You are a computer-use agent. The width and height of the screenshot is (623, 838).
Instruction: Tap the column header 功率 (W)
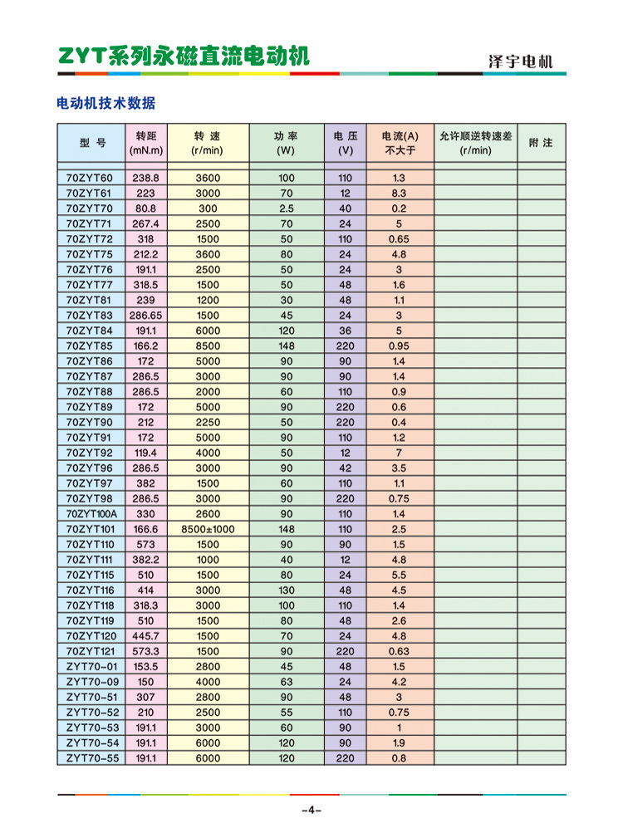click(x=286, y=143)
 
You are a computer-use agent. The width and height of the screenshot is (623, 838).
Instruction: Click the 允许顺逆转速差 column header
click(x=476, y=143)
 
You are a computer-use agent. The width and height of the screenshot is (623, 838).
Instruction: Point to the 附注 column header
click(x=540, y=143)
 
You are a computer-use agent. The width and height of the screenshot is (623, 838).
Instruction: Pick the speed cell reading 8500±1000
click(x=208, y=529)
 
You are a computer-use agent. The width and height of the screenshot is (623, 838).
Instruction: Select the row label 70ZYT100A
click(x=91, y=514)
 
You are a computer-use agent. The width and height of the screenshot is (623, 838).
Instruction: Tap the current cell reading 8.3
click(x=399, y=193)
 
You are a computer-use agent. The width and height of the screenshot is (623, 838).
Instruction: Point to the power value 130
click(x=286, y=590)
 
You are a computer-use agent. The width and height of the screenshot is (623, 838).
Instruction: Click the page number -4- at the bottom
click(x=311, y=810)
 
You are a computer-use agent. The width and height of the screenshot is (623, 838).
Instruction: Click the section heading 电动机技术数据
click(x=105, y=104)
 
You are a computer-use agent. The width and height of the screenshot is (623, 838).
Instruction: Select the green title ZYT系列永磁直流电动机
click(x=184, y=56)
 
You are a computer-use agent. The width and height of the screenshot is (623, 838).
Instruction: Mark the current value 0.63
click(x=399, y=650)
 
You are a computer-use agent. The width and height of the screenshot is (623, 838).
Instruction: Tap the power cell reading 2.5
click(x=286, y=208)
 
